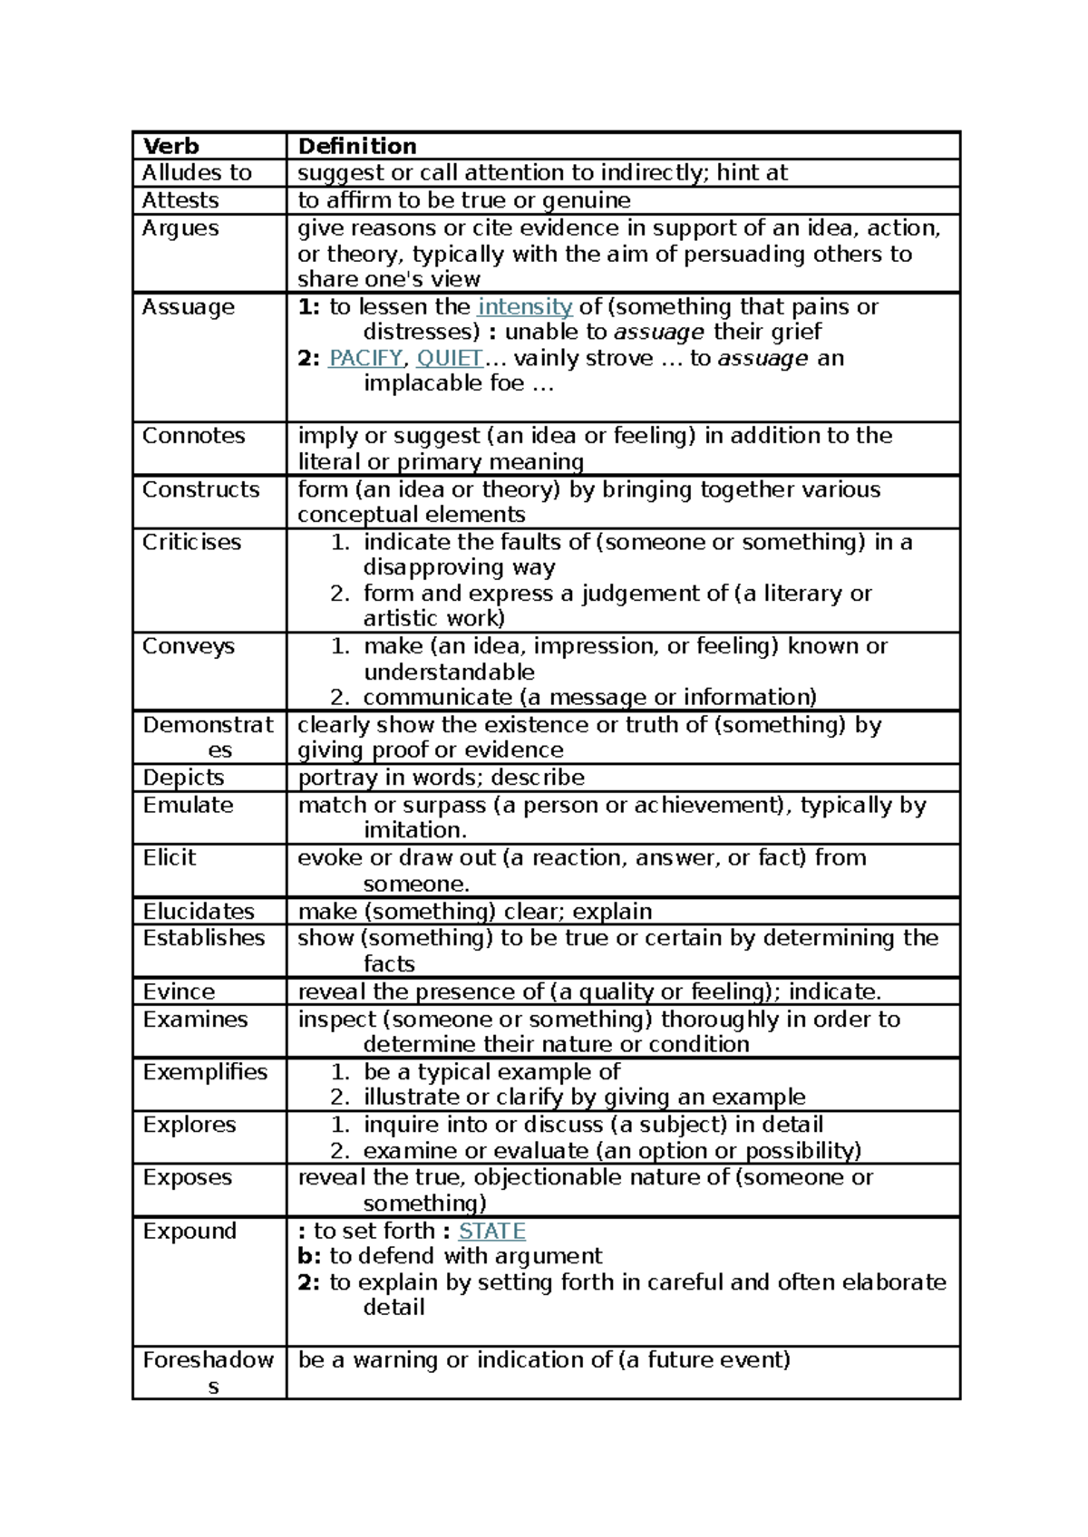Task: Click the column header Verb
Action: (x=170, y=146)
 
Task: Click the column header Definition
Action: (x=357, y=146)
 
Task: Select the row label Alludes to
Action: (x=197, y=173)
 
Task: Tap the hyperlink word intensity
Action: (x=525, y=307)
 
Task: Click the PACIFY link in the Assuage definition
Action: (x=365, y=359)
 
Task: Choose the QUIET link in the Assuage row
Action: (x=450, y=359)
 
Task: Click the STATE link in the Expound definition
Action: (x=491, y=1231)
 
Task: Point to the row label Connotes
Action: (x=193, y=436)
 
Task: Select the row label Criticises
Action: (x=191, y=542)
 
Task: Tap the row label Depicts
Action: (x=183, y=778)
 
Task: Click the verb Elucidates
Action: (x=199, y=911)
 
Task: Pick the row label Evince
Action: (x=179, y=991)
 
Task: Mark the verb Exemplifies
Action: (x=205, y=1072)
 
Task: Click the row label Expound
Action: (x=189, y=1231)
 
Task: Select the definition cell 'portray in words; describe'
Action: (x=441, y=778)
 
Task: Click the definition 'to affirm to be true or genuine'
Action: (x=464, y=200)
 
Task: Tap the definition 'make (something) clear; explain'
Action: (x=475, y=911)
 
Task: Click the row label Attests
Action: (x=180, y=200)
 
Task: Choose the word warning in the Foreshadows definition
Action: (x=396, y=1360)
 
